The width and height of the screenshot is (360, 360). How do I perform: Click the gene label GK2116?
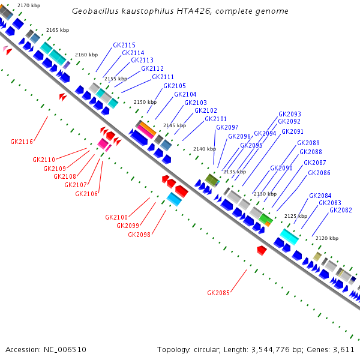22,142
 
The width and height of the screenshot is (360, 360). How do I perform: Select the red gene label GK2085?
218,293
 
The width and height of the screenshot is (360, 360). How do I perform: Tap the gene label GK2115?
124,45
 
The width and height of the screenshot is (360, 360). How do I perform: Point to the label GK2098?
139,235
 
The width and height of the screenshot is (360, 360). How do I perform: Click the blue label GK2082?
340,210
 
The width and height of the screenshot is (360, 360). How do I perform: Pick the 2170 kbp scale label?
29,5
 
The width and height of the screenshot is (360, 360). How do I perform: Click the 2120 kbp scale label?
327,238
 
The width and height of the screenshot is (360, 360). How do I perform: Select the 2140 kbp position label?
204,149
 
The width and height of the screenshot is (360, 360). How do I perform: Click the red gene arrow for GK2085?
261,250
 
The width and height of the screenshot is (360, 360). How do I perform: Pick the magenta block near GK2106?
103,144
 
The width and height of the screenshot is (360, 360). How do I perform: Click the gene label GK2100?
116,217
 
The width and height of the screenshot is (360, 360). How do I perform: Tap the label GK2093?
290,114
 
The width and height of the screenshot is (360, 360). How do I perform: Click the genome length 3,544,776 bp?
278,349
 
